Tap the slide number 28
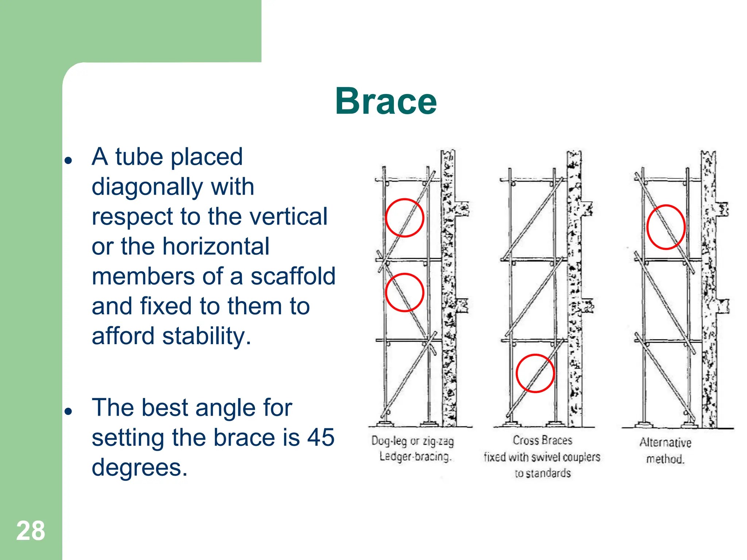31,531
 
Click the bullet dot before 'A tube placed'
68,160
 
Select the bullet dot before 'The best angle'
68,411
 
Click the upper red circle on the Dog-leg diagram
404,218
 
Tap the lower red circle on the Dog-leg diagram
404,292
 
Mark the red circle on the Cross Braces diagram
535,373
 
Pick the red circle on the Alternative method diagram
666,227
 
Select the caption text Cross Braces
542,440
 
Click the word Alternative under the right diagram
665,442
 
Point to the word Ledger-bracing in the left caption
415,456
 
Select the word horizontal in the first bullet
216,246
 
